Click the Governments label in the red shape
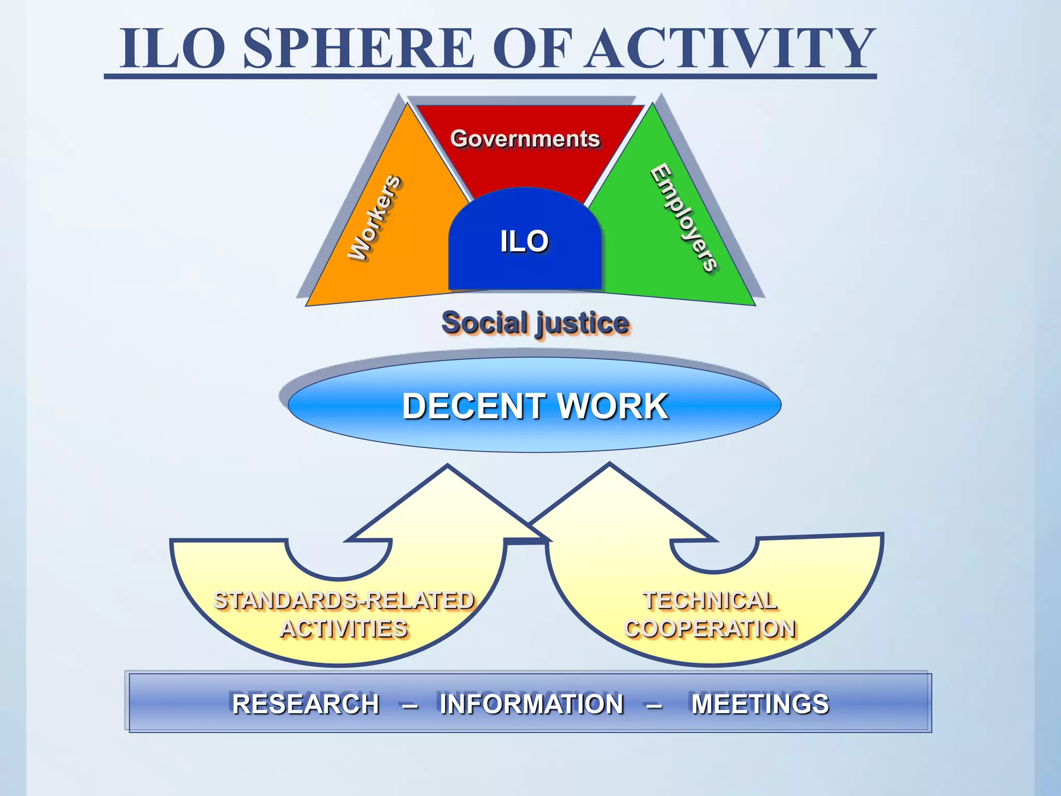point(525,139)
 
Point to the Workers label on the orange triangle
point(374,218)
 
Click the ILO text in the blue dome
point(524,241)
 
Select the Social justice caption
point(535,323)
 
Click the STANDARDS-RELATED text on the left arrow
point(344,601)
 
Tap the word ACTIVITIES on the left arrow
point(344,629)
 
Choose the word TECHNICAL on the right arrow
point(710,601)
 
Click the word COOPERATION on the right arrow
point(710,629)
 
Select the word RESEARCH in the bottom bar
point(306,704)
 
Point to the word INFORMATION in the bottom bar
point(532,704)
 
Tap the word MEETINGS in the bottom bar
point(760,704)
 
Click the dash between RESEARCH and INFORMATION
point(410,705)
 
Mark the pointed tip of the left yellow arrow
point(448,466)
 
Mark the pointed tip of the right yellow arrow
point(610,464)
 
